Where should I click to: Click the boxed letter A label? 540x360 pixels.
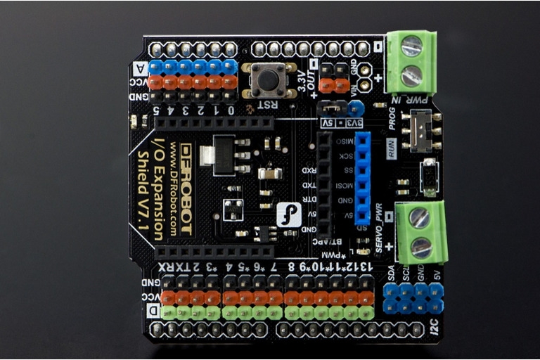139,68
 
